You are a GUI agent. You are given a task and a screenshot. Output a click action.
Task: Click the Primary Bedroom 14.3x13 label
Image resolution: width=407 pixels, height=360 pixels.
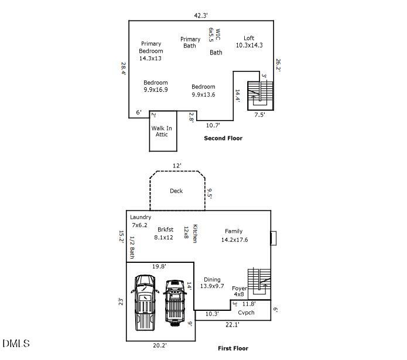pyautogui.click(x=151, y=51)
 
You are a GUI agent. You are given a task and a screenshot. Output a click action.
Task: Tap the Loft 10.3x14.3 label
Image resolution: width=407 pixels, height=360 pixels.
pyautogui.click(x=249, y=42)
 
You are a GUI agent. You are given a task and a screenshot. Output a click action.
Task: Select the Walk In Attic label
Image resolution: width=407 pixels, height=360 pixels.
pyautogui.click(x=162, y=131)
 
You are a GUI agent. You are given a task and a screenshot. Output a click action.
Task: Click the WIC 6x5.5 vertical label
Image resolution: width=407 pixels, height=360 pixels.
pyautogui.click(x=214, y=38)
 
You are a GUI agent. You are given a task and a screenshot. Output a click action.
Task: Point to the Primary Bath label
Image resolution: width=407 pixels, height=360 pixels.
pyautogui.click(x=190, y=43)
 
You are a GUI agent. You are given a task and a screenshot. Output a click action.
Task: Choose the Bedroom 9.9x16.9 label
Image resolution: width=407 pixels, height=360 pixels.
pyautogui.click(x=155, y=86)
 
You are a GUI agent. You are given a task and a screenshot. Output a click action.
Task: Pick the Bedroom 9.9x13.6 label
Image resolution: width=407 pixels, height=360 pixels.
pyautogui.click(x=203, y=90)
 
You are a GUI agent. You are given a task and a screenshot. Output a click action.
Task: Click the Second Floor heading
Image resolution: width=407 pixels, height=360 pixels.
pyautogui.click(x=223, y=138)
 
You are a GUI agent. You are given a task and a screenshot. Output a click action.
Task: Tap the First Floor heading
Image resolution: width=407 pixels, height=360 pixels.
pyautogui.click(x=232, y=348)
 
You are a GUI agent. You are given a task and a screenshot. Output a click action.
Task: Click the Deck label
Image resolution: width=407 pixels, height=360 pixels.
pyautogui.click(x=176, y=191)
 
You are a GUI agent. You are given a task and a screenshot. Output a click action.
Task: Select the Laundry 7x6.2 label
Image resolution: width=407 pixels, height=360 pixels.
pyautogui.click(x=141, y=221)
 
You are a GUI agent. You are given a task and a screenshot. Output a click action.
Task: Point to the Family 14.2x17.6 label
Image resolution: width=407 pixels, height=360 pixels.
pyautogui.click(x=234, y=235)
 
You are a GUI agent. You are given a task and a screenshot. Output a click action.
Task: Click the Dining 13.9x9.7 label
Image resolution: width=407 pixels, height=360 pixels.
pyautogui.click(x=212, y=283)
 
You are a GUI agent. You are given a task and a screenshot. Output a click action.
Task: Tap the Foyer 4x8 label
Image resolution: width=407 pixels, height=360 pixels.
pyautogui.click(x=240, y=290)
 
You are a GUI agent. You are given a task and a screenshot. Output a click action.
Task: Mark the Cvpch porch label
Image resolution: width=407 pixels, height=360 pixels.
pyautogui.click(x=246, y=313)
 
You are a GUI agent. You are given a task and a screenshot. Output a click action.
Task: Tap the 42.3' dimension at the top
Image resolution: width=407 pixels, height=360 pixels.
pyautogui.click(x=201, y=15)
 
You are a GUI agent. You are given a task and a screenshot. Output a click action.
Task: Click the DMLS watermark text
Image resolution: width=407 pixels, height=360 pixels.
pyautogui.click(x=16, y=343)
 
